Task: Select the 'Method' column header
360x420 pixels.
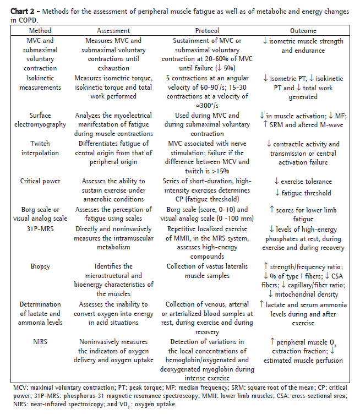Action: tap(40, 31)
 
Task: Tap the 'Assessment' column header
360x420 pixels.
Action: tap(113, 31)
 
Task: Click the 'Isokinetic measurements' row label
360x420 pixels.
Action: tap(40, 83)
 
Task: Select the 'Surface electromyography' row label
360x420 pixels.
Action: tap(40, 120)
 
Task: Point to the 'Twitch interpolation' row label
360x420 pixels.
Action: tap(40, 149)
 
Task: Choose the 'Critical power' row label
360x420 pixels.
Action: tap(40, 181)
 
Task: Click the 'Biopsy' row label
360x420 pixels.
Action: tap(40, 266)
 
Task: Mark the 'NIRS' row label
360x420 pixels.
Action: tap(40, 341)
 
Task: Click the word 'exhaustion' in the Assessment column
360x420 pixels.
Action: tap(113, 68)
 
